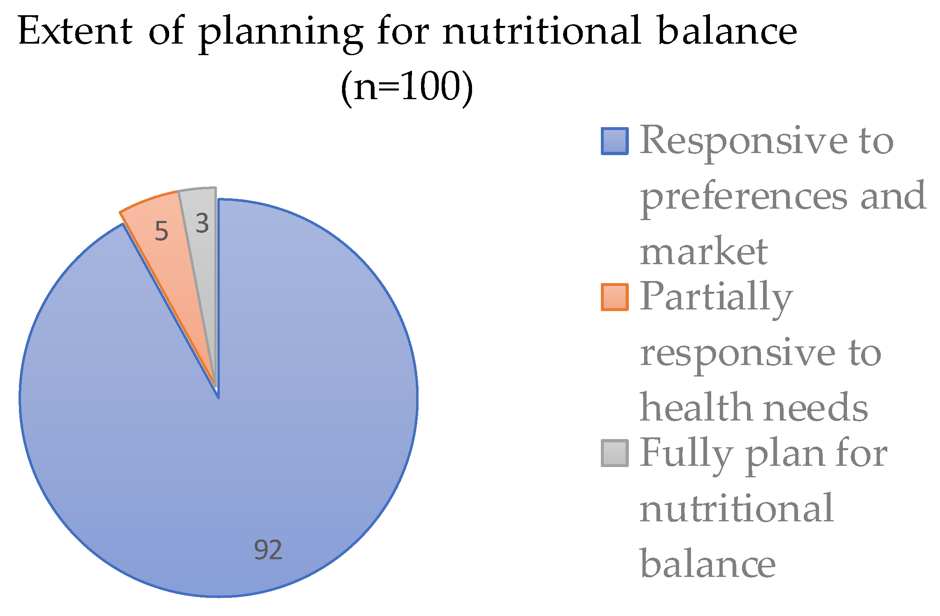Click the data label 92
[268, 550]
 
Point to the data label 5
[161, 231]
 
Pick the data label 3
[202, 224]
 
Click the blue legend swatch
[614, 141]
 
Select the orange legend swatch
[614, 297]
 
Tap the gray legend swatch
[614, 453]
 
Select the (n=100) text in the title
[407, 87]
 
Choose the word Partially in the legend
[716, 298]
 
